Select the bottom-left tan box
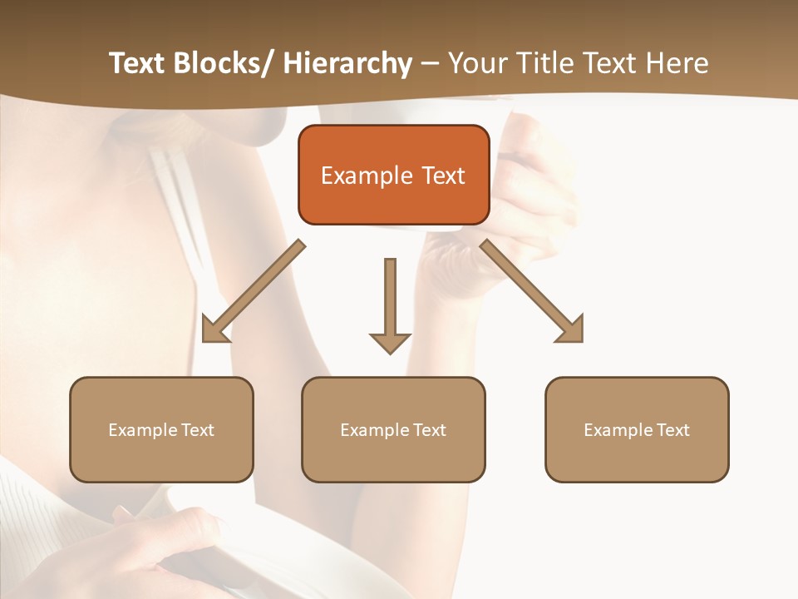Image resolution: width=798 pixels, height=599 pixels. tap(161, 429)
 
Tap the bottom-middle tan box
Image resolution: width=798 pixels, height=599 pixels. tap(393, 429)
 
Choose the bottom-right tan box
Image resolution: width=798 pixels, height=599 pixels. tap(637, 429)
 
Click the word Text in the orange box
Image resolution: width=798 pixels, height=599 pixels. tap(443, 176)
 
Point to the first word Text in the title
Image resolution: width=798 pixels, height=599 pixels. tap(139, 63)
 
